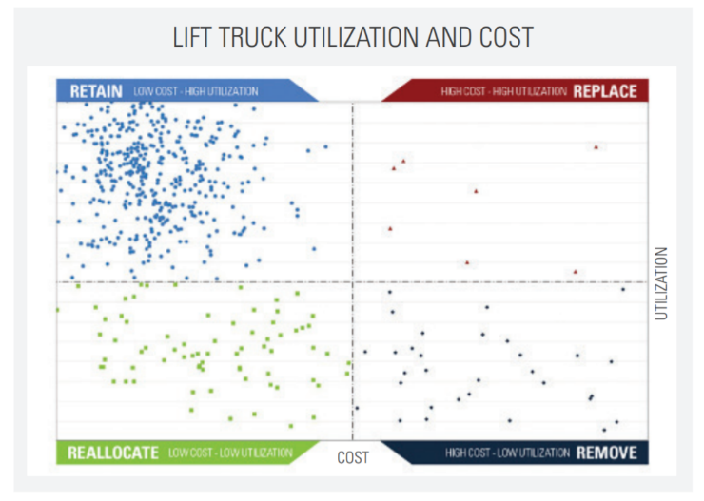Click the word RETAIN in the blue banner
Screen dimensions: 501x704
(95, 91)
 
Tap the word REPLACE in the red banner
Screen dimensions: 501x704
(605, 91)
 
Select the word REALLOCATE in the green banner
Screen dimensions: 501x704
(113, 453)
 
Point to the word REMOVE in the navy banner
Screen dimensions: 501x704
(606, 453)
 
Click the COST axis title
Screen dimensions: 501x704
(353, 458)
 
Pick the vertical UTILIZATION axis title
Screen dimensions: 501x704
(662, 283)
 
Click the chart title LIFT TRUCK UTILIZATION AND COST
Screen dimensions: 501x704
(352, 38)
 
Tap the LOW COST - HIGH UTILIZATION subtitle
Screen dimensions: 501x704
(195, 91)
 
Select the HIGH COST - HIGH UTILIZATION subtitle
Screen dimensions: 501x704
(504, 91)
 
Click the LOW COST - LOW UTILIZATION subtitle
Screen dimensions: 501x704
(230, 453)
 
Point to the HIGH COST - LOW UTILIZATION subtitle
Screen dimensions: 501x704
(507, 453)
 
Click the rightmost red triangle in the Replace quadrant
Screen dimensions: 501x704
(596, 147)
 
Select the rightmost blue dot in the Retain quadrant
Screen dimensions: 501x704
(325, 146)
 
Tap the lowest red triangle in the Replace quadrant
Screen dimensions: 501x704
(576, 272)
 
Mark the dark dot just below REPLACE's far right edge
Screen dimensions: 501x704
(623, 289)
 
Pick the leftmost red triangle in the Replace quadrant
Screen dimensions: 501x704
(390, 229)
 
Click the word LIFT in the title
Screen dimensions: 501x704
(190, 38)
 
